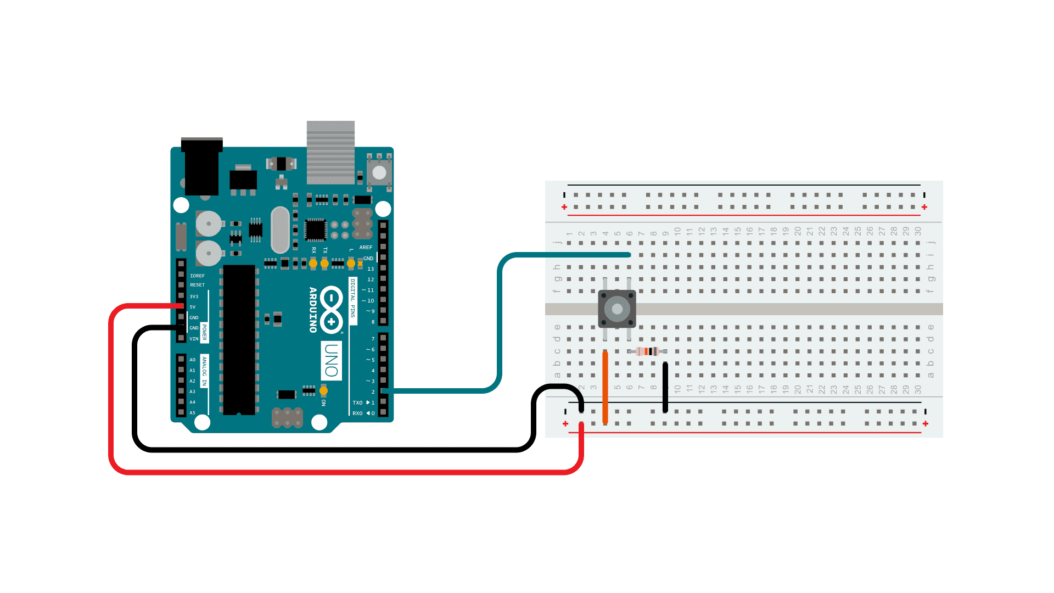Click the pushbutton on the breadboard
click(x=617, y=309)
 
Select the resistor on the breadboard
click(x=649, y=351)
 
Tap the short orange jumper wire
click(x=605, y=387)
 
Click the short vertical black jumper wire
click(x=665, y=387)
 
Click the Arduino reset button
click(x=379, y=172)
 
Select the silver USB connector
click(x=330, y=152)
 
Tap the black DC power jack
click(x=201, y=167)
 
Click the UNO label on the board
click(x=331, y=361)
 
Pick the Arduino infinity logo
click(x=332, y=310)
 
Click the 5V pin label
click(x=193, y=307)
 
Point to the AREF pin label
click(x=366, y=248)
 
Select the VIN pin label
click(x=194, y=339)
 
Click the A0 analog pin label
click(x=192, y=360)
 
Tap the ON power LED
click(x=323, y=391)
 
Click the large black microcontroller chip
click(x=239, y=340)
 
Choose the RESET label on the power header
click(x=197, y=285)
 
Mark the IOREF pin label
click(x=197, y=276)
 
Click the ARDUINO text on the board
click(x=313, y=310)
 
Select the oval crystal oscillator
click(x=280, y=230)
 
